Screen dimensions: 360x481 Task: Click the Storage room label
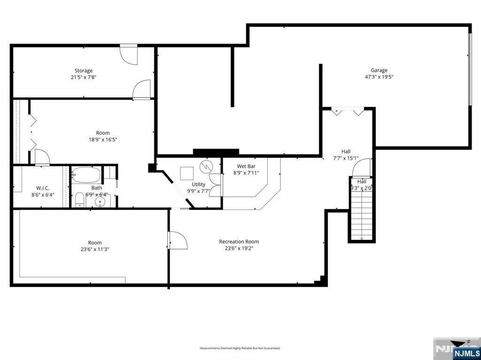(x=83, y=71)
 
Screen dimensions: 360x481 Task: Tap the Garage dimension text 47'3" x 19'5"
(x=379, y=77)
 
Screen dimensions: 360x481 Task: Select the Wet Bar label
(x=246, y=166)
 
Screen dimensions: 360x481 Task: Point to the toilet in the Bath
(x=79, y=199)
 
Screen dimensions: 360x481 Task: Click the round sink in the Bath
(x=100, y=201)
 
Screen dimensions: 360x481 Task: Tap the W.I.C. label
(x=43, y=188)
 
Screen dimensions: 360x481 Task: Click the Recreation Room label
(x=239, y=242)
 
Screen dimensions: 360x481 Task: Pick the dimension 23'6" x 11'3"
(x=95, y=249)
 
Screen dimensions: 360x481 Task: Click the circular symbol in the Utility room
(x=206, y=167)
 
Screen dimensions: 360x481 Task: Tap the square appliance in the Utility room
(x=186, y=173)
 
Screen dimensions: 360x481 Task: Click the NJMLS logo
(x=466, y=352)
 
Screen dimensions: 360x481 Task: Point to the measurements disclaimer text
(x=240, y=348)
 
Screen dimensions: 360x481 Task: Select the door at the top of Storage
(x=128, y=54)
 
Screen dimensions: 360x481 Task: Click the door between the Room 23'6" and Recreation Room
(x=177, y=240)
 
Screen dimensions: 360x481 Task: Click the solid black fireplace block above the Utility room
(x=216, y=152)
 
